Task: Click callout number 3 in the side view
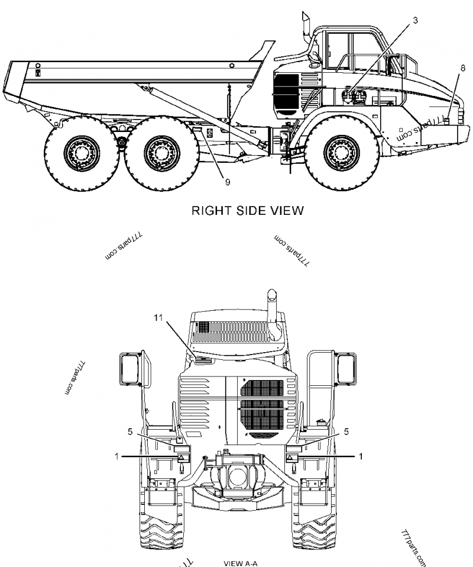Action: (x=415, y=20)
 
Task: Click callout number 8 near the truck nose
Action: (x=462, y=68)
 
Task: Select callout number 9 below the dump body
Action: (x=228, y=182)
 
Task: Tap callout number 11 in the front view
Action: (x=158, y=318)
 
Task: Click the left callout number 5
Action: (x=129, y=431)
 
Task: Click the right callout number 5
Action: (x=346, y=431)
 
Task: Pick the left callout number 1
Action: (x=116, y=456)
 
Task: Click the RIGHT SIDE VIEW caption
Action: (x=247, y=210)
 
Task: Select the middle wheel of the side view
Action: (x=157, y=150)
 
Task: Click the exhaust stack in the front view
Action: (x=274, y=314)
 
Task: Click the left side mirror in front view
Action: (x=131, y=367)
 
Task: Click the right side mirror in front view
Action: (x=346, y=367)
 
